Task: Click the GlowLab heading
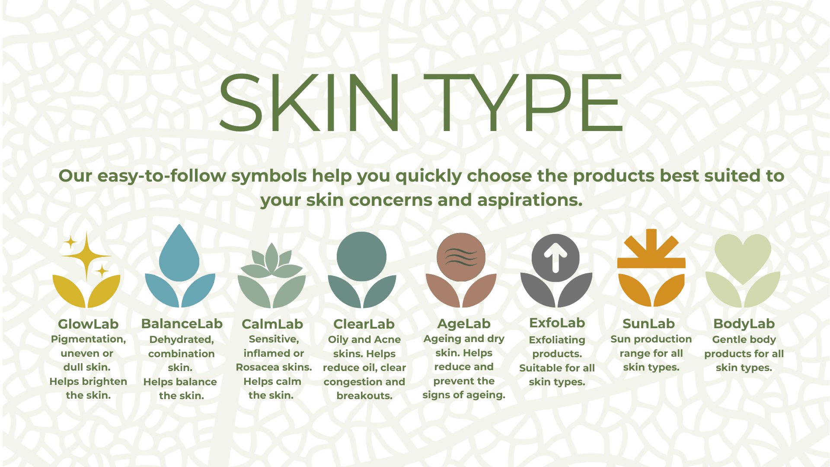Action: coord(88,324)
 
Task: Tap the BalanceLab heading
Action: coord(182,323)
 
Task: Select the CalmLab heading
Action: coord(272,324)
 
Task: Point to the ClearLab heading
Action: coord(364,324)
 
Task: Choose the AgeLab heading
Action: coord(464,324)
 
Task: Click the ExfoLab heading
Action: coord(557,323)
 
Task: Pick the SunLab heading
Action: coord(648,323)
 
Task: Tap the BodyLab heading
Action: coord(744,323)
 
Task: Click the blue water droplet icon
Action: coord(179,253)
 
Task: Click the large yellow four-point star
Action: coord(86,256)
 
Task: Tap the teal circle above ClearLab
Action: coord(361,256)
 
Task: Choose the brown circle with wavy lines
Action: coord(461,257)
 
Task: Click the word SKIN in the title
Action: coord(310,102)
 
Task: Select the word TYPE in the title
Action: coord(523,102)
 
